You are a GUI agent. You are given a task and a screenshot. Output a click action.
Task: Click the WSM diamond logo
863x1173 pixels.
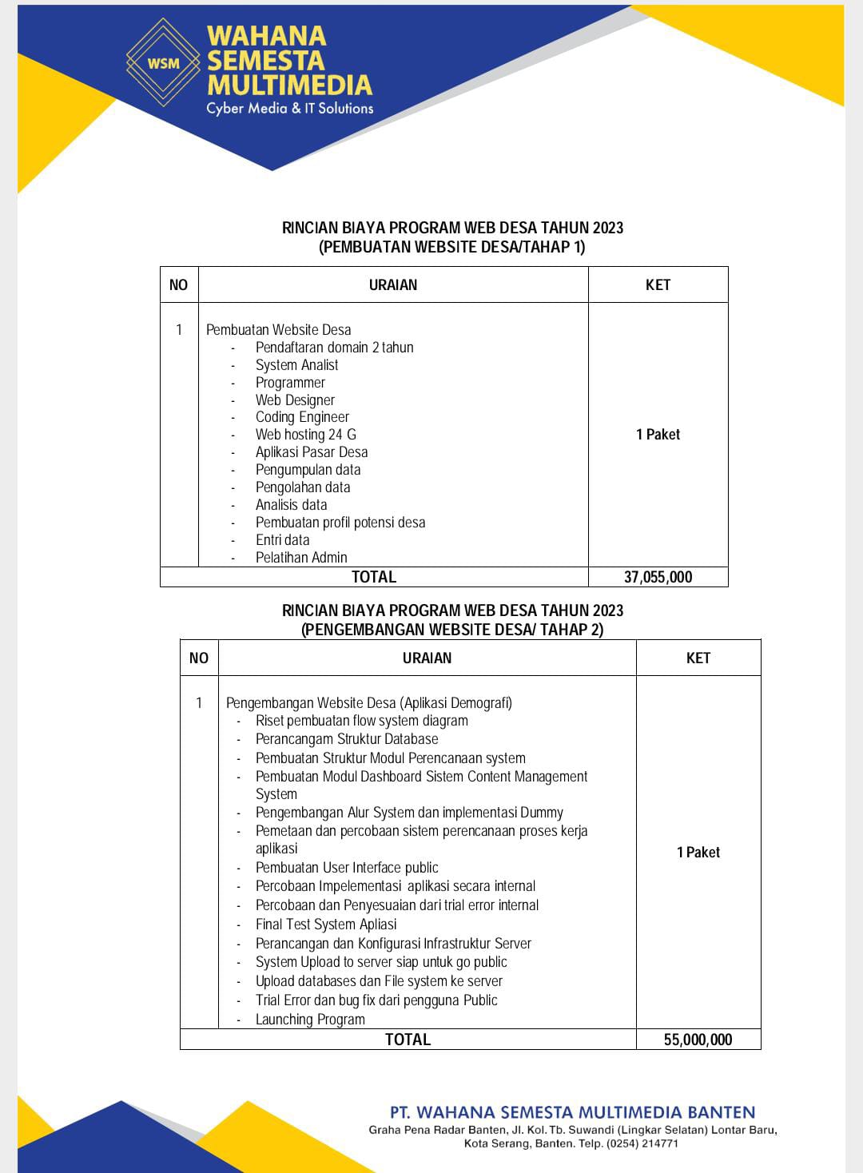point(163,62)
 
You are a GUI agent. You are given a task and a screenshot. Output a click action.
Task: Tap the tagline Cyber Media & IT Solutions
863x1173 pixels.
point(289,108)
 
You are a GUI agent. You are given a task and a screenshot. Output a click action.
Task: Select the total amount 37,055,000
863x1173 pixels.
point(658,577)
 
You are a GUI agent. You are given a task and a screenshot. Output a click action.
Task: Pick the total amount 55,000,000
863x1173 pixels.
point(698,1040)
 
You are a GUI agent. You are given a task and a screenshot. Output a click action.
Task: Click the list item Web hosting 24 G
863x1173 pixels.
point(305,435)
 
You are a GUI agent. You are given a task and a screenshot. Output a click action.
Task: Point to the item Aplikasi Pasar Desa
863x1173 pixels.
point(311,452)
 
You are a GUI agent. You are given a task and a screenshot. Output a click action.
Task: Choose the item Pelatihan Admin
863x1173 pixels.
point(301,558)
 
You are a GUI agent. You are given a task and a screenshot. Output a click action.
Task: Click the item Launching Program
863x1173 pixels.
point(310,1020)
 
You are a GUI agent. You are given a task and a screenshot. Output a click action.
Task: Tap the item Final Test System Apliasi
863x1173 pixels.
point(326,924)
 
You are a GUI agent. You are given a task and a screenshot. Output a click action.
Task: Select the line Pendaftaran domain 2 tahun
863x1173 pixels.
point(334,348)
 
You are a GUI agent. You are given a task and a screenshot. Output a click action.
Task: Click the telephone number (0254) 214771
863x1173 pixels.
point(642,1143)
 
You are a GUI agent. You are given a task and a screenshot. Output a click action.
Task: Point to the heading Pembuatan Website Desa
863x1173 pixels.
point(278,330)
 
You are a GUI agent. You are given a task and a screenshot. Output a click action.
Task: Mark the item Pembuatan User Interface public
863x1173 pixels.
point(347,868)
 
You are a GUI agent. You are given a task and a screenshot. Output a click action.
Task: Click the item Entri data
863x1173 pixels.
point(282,540)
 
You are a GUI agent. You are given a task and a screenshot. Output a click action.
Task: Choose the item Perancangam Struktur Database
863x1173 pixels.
point(347,739)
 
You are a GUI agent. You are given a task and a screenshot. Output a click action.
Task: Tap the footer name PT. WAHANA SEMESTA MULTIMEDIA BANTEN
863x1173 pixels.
point(572,1112)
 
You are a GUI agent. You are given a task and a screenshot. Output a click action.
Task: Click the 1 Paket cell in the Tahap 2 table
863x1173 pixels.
point(698,853)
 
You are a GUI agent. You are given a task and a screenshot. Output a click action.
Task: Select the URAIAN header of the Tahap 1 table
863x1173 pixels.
point(393,285)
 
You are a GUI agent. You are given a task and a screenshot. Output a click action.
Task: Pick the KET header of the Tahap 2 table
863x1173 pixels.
point(698,658)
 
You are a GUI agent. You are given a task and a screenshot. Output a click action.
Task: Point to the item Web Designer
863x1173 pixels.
point(295,400)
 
